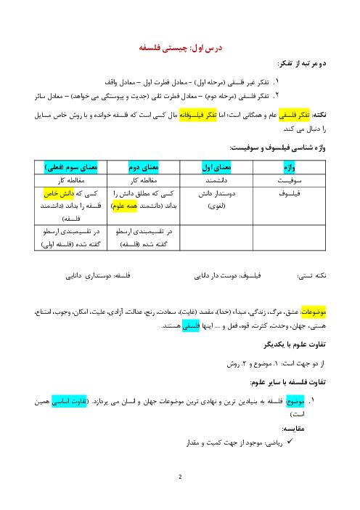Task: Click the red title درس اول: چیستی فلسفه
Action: point(180,48)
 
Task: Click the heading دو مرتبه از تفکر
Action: point(302,63)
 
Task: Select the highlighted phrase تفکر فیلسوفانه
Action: point(198,115)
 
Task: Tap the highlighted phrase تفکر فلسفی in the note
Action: point(294,115)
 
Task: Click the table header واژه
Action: point(289,168)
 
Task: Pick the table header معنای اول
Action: point(216,168)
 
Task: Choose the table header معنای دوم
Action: point(143,168)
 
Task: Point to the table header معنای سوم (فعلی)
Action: point(71,168)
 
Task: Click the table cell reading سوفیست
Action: point(289,180)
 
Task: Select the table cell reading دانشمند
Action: point(216,180)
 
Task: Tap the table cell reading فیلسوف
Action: point(289,193)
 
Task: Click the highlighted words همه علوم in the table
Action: point(124,206)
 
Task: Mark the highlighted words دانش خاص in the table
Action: point(59,193)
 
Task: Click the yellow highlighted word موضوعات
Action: point(314,312)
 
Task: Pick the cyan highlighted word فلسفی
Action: point(191,325)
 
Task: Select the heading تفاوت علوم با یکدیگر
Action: point(295,344)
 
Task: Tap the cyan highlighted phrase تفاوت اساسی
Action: point(69,402)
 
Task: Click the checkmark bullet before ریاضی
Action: point(290,442)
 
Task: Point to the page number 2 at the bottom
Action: point(180,477)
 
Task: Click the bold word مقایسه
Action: point(293,429)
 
